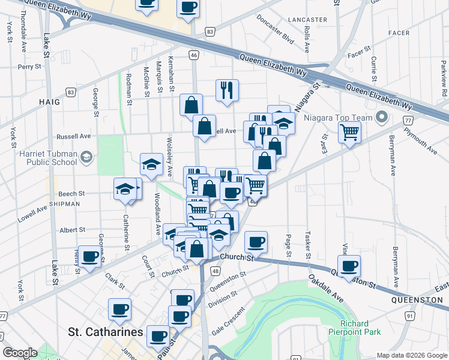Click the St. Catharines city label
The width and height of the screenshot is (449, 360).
tap(106, 332)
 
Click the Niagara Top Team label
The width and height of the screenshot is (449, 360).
tap(337, 118)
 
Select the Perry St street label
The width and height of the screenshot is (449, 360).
tap(28, 67)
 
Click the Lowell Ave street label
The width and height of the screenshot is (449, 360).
tap(32, 215)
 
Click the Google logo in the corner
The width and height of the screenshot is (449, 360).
tap(20, 353)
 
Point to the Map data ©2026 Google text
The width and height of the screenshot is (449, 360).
tap(411, 355)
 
